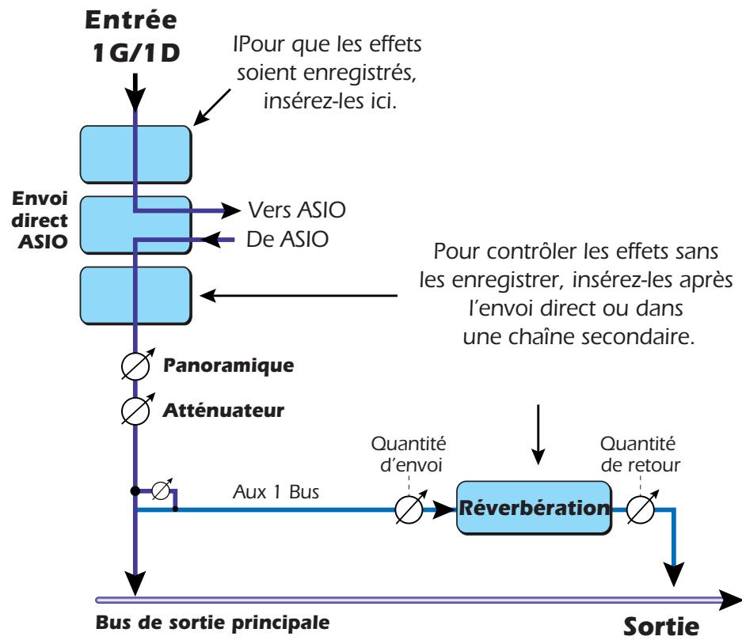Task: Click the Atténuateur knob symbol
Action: (x=137, y=411)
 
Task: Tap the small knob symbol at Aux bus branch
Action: (x=161, y=491)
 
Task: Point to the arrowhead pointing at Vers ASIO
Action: (x=230, y=210)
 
